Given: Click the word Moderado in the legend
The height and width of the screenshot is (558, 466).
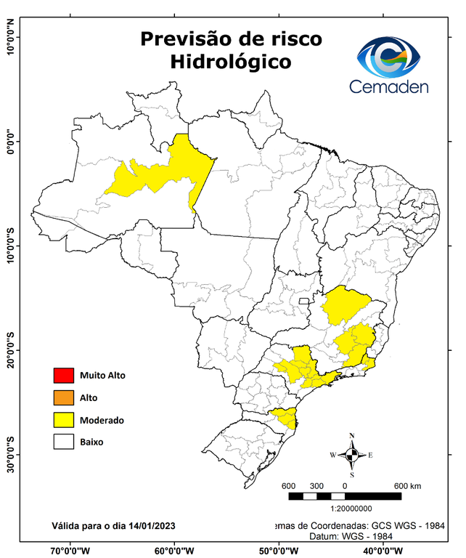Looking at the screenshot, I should coord(102,420).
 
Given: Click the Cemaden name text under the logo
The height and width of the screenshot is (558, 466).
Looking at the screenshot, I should coord(389,86).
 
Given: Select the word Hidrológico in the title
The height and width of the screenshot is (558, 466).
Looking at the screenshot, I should coord(231,62).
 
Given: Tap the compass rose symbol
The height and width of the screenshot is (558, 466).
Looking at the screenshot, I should coord(352,456).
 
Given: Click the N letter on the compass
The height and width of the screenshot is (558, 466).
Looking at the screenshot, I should coord(352,436).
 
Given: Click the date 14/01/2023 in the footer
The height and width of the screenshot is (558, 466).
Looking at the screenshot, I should coord(150,525).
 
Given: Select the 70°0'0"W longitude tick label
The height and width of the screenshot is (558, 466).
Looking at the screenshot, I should coord(70,550).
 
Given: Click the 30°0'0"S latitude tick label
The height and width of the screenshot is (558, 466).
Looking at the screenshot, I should coord(11,454).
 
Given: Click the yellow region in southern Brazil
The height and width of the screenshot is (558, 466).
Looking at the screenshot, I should coord(284,418).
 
